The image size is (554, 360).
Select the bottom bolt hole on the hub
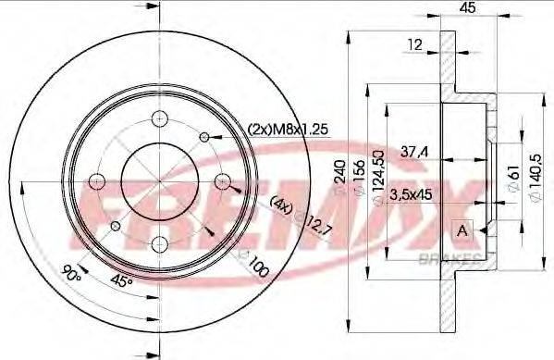pos(160,243)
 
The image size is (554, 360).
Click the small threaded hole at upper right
pos(204,137)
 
